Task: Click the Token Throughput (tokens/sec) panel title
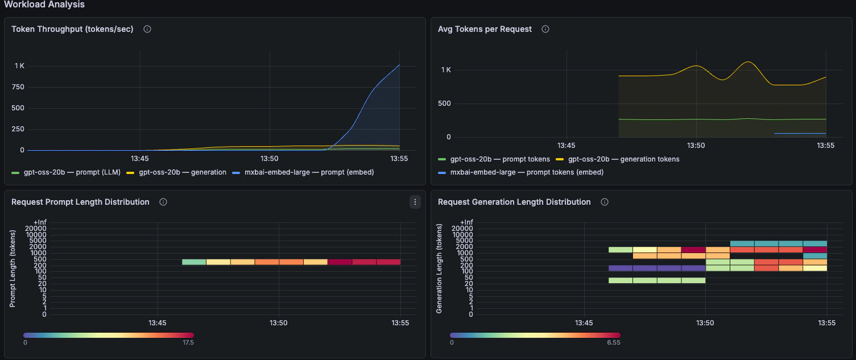(72, 29)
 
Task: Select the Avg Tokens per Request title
(485, 29)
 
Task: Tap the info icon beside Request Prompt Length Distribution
(163, 202)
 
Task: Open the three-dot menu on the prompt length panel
(415, 202)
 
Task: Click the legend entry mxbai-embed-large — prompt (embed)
(307, 172)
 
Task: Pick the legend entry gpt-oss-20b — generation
(182, 172)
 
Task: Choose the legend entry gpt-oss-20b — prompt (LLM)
(71, 172)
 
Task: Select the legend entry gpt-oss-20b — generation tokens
(623, 159)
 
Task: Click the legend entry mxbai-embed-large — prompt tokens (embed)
(527, 172)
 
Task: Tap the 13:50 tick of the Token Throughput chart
(269, 159)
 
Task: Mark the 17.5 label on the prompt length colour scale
(188, 343)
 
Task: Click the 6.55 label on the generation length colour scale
(614, 343)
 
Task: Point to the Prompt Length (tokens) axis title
(13, 269)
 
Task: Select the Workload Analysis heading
(44, 5)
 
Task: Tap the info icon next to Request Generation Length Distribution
(605, 202)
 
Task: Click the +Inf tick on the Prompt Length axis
(39, 222)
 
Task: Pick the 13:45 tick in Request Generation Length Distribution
(584, 323)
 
